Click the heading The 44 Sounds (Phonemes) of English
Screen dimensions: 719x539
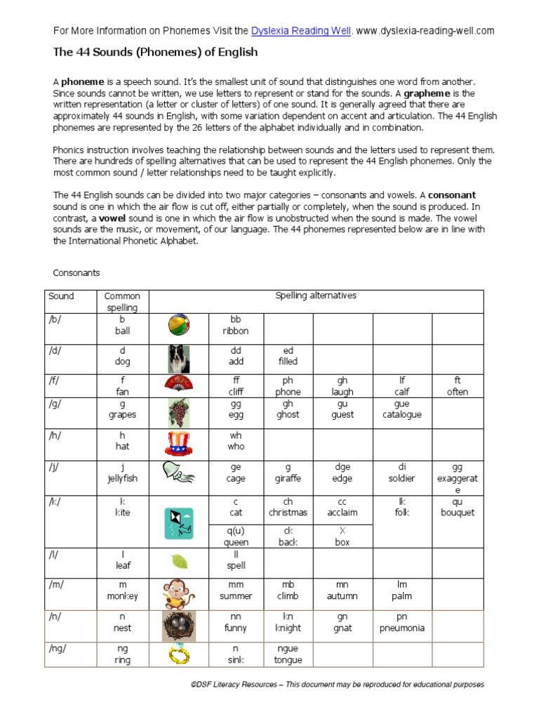coord(155,52)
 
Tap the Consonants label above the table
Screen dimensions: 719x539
coord(76,272)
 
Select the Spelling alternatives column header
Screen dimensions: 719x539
coord(316,296)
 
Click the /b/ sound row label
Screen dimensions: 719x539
coord(55,319)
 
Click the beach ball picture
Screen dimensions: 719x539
coord(179,326)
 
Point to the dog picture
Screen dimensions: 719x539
coord(179,358)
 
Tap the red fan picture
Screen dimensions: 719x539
coord(179,384)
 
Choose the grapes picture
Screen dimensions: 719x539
coord(179,412)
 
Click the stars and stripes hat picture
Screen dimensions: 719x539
coord(179,444)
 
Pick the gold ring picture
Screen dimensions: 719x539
coord(179,655)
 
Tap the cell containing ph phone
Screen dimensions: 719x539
coord(288,386)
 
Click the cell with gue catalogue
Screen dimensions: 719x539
coord(402,409)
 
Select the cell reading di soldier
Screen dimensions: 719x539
coord(402,473)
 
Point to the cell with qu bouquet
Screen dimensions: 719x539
coord(458,507)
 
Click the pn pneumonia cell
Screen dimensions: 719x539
coord(402,623)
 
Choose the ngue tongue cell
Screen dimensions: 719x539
coord(288,654)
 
